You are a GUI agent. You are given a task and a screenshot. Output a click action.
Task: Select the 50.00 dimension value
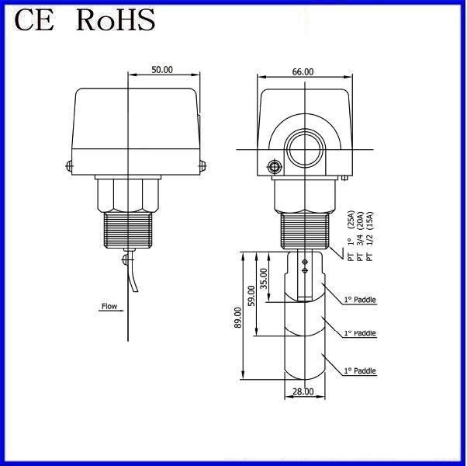[162, 70]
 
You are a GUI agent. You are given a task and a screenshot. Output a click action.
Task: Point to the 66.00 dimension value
[303, 71]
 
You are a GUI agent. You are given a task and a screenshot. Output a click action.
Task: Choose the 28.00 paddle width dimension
[303, 391]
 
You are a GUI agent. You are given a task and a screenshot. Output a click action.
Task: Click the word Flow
[109, 306]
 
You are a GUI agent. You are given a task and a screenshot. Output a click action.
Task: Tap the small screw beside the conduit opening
[272, 166]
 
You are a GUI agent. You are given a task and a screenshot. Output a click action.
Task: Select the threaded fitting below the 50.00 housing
[128, 229]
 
